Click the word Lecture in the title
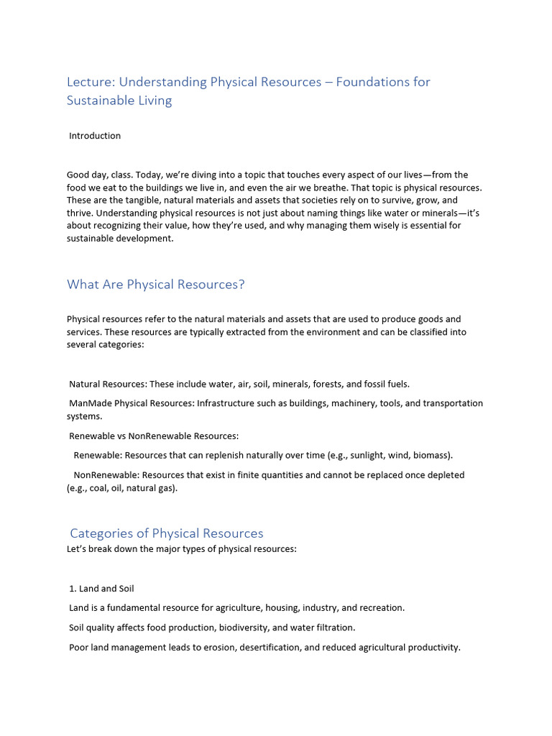pos(87,82)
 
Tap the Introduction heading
pos(95,136)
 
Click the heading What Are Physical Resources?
pos(156,285)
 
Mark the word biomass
pos(432,455)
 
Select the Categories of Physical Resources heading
pos(167,533)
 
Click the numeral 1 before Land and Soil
pos(71,589)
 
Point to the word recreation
pos(380,608)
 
